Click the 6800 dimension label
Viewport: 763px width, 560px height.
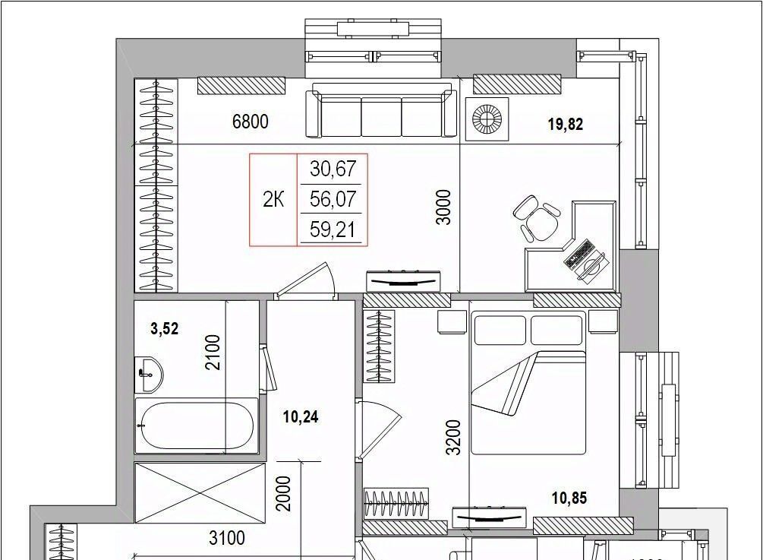tap(250, 122)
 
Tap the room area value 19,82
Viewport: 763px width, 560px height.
tap(566, 124)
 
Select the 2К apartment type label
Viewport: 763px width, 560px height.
tap(273, 200)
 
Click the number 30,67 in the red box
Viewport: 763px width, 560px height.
tap(333, 169)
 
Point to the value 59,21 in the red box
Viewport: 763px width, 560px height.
tap(333, 229)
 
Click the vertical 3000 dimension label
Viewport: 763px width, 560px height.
tap(444, 207)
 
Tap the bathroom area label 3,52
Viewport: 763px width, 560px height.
tap(165, 329)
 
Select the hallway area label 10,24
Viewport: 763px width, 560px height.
tap(301, 417)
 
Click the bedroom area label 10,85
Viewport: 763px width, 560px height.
tap(569, 498)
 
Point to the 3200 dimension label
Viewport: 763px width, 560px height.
tap(453, 437)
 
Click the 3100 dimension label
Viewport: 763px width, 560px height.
tap(227, 538)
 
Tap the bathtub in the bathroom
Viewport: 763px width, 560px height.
tap(196, 426)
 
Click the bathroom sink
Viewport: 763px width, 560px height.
tap(148, 375)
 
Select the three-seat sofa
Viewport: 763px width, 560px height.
tap(381, 110)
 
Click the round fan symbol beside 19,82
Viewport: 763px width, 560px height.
tap(487, 119)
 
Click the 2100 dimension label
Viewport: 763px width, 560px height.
tap(213, 352)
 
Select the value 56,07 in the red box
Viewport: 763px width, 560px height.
tap(333, 199)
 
